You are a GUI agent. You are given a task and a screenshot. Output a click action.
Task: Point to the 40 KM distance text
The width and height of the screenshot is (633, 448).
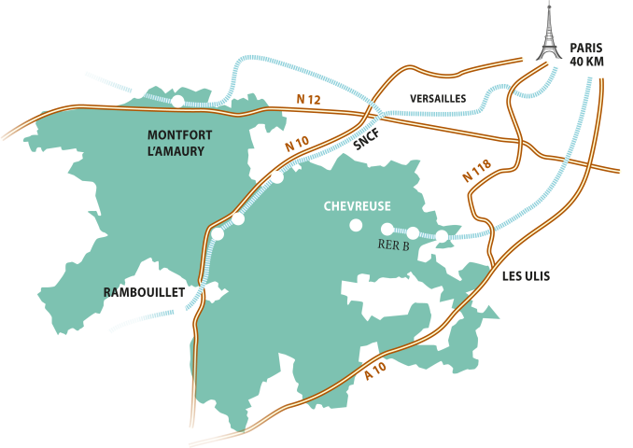pos(587,61)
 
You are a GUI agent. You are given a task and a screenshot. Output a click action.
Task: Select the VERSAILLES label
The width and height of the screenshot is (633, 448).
pos(438,98)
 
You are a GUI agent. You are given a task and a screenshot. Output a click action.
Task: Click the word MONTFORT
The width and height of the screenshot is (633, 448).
pos(180,135)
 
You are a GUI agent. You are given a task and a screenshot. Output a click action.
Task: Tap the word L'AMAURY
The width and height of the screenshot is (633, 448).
pos(176,151)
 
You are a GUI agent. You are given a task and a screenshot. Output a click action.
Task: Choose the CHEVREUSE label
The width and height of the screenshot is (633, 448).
pos(357,206)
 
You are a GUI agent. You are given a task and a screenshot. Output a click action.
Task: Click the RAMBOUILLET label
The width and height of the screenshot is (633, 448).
pos(138,292)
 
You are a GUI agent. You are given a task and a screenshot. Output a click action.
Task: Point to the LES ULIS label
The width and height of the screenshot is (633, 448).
pos(526,275)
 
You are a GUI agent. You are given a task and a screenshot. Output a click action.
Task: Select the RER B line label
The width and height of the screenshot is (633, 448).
pos(393,246)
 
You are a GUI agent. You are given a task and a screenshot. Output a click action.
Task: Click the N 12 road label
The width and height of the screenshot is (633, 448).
pos(307,99)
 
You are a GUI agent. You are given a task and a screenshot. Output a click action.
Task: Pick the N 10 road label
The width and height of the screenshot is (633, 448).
pos(297,145)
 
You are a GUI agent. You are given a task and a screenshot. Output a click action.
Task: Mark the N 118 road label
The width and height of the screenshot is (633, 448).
pos(477,171)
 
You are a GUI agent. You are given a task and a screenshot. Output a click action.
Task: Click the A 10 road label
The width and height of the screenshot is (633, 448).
pos(375,371)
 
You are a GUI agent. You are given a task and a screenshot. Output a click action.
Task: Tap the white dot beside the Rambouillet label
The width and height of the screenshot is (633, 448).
pos(179,311)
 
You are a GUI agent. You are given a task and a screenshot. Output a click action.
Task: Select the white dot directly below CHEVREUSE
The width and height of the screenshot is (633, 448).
pos(355,225)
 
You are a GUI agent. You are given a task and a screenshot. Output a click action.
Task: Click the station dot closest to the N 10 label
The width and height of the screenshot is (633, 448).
pos(277,176)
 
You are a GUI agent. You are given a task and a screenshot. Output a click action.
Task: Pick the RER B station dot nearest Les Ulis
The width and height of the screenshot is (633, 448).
pos(442,236)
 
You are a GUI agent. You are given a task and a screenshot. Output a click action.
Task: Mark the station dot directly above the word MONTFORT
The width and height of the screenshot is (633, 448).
pos(177,101)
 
